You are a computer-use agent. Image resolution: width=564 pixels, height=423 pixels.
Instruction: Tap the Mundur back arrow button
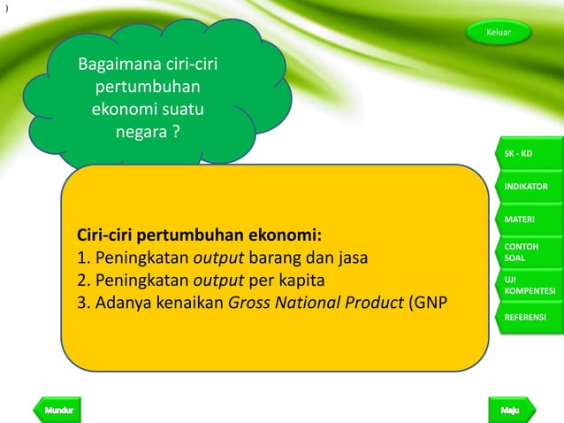click(x=57, y=411)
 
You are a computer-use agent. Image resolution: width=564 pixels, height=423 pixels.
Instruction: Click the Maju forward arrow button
click(x=508, y=411)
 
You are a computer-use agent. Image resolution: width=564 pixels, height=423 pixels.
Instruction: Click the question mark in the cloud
click(x=175, y=134)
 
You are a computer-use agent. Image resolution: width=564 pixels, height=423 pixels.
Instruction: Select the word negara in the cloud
click(x=140, y=134)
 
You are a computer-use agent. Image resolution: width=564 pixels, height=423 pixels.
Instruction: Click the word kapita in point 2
click(x=301, y=281)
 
